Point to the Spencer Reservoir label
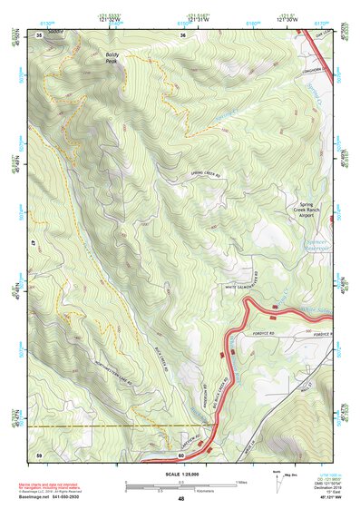click(x=315, y=246)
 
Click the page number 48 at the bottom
click(x=180, y=499)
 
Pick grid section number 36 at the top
click(x=182, y=34)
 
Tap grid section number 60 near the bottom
click(x=181, y=454)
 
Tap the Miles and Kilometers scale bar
click(x=180, y=486)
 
